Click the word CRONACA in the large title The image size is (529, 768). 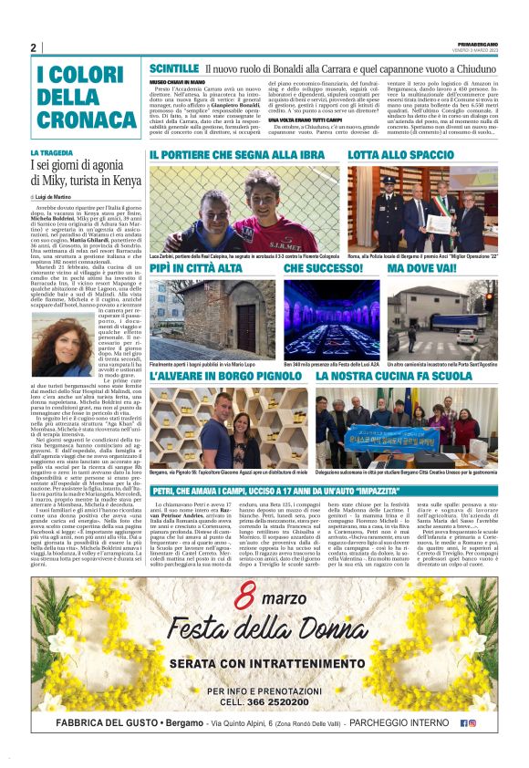pyautogui.click(x=86, y=118)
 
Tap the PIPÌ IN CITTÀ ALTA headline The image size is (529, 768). pyautogui.click(x=197, y=268)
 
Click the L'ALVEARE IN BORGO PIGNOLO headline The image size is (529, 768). pyautogui.click(x=223, y=375)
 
